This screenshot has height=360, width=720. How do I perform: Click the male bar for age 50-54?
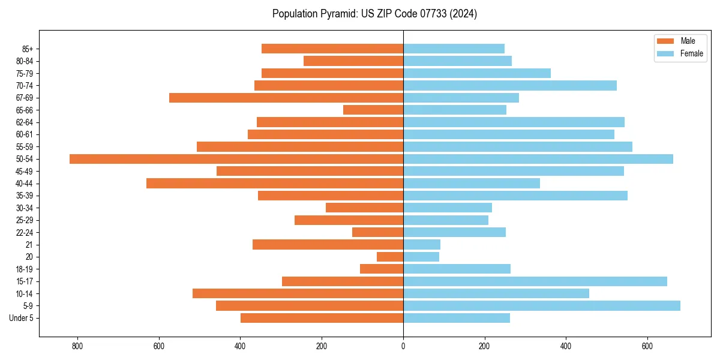(x=236, y=159)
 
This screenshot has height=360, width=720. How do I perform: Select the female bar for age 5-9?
(x=542, y=306)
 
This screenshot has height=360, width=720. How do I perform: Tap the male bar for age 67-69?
(x=286, y=98)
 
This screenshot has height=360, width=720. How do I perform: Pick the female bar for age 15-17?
(x=535, y=281)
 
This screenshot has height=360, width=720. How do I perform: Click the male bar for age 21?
(x=328, y=245)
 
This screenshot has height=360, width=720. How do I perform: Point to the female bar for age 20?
(x=421, y=257)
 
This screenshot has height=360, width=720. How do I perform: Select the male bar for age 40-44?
(x=275, y=184)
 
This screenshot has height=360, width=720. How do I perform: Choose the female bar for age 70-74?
(x=510, y=86)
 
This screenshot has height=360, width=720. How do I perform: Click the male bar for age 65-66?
(x=373, y=110)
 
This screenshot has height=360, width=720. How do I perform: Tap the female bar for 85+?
(x=454, y=49)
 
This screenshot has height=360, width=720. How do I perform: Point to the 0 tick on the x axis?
(x=403, y=346)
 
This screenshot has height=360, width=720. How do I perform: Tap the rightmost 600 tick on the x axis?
(x=647, y=346)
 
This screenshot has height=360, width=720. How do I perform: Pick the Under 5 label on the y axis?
(x=21, y=318)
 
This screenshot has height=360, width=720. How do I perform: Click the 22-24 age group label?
(x=25, y=233)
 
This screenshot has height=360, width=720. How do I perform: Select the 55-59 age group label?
(x=25, y=147)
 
